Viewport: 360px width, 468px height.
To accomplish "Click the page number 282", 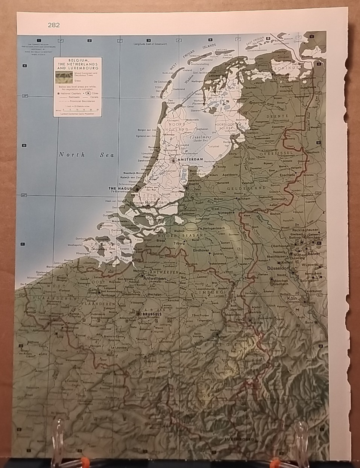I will (x=54, y=25).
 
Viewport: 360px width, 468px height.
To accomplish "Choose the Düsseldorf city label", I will (x=278, y=268).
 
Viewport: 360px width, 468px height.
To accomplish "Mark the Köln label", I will (x=292, y=298).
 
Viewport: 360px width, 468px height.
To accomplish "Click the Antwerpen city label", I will (x=152, y=278).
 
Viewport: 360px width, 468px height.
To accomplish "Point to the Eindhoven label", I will (x=201, y=250).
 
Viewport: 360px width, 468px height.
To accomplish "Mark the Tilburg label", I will (x=179, y=243).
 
